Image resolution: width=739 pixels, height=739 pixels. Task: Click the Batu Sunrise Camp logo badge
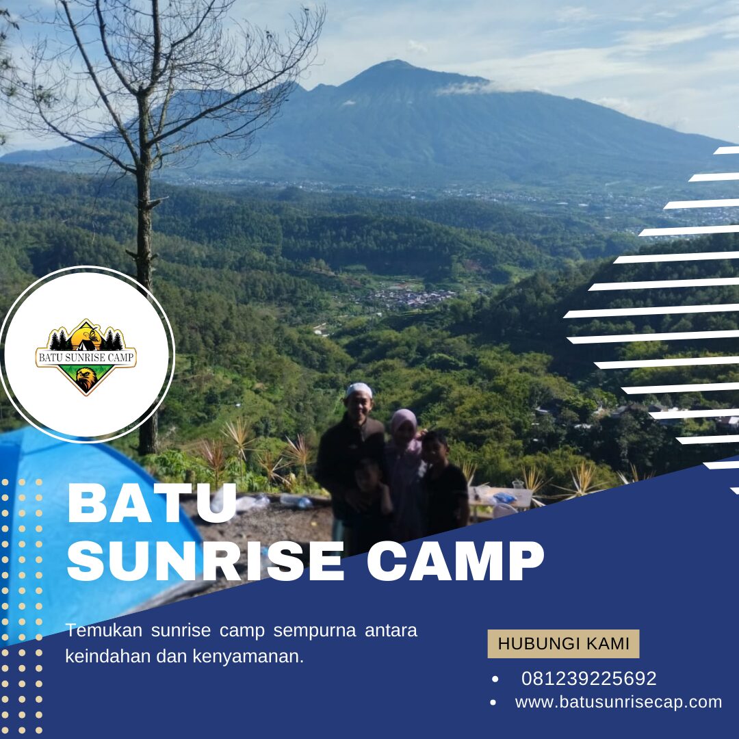tap(86, 356)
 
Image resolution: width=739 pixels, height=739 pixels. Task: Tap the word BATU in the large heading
tap(152, 504)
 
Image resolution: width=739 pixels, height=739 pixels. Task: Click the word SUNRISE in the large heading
tap(205, 562)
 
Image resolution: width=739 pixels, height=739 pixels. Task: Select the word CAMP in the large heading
tap(456, 562)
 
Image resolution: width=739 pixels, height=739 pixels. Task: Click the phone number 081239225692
tap(588, 679)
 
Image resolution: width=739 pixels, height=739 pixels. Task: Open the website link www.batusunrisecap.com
tap(619, 702)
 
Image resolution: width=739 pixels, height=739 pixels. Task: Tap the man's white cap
tap(359, 390)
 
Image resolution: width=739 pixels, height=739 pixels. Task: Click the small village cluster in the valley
tap(411, 298)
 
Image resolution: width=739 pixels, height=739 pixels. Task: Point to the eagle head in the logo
tap(86, 378)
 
